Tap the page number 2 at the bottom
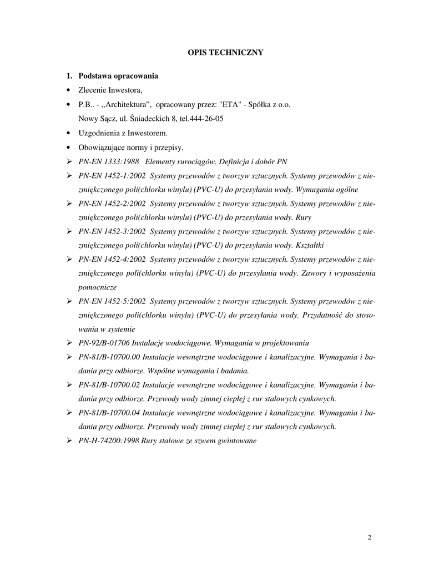coord(370,537)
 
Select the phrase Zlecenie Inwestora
coord(111,90)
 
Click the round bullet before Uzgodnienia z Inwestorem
coord(69,134)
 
